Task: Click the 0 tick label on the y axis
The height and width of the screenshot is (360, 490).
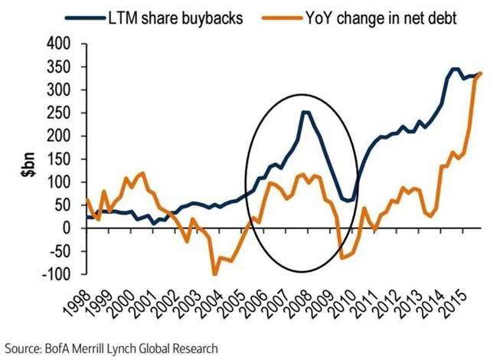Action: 68,228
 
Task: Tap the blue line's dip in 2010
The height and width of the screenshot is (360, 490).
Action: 348,201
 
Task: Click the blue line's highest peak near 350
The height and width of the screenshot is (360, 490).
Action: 455,69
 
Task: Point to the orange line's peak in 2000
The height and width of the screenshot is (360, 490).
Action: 142,173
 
